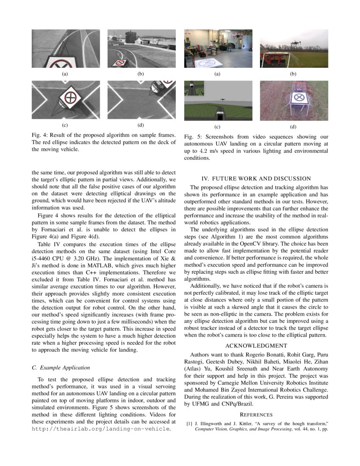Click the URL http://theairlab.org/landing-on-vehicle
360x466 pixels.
[101, 429]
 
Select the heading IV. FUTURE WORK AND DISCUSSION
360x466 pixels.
[256, 178]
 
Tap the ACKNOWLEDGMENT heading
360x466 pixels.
[256, 346]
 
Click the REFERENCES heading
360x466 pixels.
[256, 415]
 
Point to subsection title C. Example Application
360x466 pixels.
[61, 367]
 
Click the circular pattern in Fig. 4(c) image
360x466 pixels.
[69, 97]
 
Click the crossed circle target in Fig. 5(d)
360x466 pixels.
[299, 97]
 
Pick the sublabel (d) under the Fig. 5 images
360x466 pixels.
[293, 126]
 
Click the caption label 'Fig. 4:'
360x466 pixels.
[41, 135]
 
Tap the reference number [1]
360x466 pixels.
[189, 423]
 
